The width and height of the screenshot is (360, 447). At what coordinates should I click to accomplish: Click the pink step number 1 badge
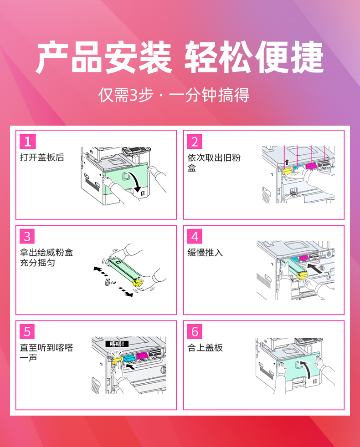click(x=28, y=142)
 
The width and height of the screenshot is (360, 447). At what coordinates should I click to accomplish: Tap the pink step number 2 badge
click(x=195, y=142)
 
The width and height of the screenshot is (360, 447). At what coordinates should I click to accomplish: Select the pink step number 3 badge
click(x=27, y=236)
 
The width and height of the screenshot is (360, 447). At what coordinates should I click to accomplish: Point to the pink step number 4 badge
click(x=195, y=236)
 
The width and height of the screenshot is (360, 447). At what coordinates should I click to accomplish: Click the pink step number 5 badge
click(x=27, y=331)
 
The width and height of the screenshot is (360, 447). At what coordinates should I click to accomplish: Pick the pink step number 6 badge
click(x=195, y=331)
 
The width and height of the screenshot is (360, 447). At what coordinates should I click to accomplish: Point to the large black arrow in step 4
click(x=316, y=269)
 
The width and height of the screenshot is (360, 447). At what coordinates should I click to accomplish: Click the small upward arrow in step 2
click(x=287, y=162)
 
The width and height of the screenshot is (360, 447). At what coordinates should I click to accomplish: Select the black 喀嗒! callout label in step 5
click(x=117, y=344)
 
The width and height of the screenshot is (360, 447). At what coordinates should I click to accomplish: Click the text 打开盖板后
click(x=42, y=157)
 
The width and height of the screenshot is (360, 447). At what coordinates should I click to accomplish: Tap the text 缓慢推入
click(x=205, y=253)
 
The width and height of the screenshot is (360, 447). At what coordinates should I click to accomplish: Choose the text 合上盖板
click(x=205, y=347)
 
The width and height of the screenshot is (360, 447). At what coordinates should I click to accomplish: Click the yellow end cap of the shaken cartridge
click(x=138, y=282)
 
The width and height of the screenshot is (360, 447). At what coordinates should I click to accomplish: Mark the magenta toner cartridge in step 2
click(x=311, y=165)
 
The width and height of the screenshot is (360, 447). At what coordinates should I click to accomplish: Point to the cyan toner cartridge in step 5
click(x=129, y=358)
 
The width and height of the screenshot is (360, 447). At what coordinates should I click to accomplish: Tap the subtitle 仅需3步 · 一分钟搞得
click(x=174, y=95)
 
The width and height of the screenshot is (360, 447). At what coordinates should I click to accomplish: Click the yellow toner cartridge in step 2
click(x=288, y=171)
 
